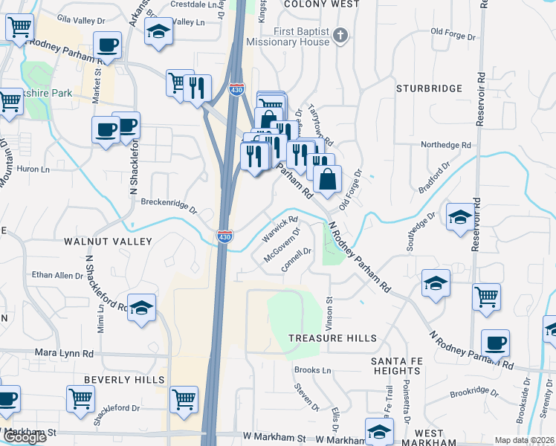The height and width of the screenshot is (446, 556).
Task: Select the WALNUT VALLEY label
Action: (108, 242)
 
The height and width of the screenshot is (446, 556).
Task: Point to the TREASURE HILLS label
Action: (328, 337)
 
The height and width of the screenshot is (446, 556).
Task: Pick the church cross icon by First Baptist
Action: (340, 34)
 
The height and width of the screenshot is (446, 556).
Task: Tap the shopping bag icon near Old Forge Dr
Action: (327, 178)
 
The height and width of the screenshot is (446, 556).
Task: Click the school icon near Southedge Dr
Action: (460, 216)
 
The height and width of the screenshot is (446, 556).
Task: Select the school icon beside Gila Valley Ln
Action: (158, 31)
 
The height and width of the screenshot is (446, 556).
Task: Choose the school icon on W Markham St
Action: (379, 431)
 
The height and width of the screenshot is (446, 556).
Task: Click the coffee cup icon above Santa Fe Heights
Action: (495, 343)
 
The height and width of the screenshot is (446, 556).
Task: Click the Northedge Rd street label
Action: (446, 145)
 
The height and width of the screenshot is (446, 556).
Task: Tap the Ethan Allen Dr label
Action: (58, 276)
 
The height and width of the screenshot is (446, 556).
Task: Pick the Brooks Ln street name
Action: (312, 370)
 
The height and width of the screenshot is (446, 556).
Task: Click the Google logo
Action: (25, 437)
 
